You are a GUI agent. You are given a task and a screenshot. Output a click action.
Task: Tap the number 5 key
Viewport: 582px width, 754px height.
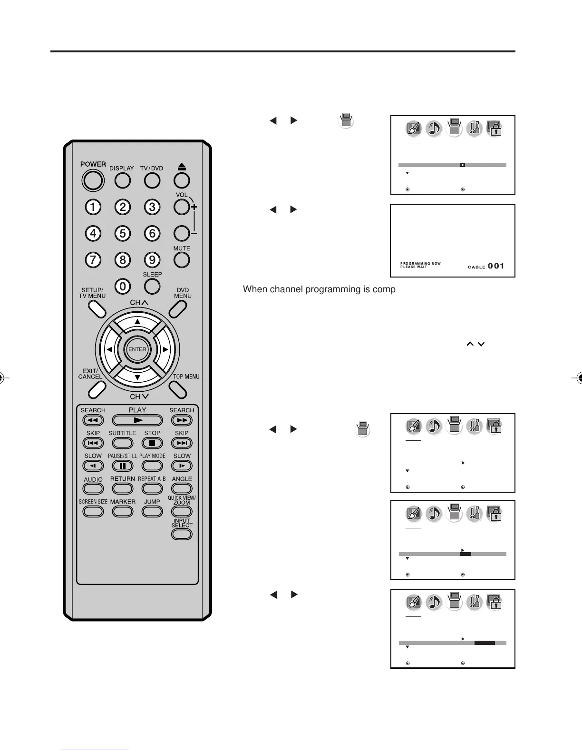pos(123,233)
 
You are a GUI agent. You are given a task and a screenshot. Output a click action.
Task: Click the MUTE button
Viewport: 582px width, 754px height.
pos(182,260)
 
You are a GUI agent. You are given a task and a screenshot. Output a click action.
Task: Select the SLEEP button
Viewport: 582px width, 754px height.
pos(152,286)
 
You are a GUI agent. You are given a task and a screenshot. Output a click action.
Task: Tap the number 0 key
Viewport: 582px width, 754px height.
pos(123,286)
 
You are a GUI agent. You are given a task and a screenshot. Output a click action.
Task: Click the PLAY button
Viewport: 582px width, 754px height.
pos(137,420)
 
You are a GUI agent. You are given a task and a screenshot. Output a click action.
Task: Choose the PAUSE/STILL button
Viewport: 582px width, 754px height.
pos(122,466)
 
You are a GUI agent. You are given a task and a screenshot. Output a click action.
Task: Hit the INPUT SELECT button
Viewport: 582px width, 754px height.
pos(182,534)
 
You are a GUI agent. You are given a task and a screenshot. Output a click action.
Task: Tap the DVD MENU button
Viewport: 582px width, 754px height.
pos(178,309)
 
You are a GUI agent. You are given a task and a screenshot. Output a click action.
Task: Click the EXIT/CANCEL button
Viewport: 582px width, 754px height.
pos(97,390)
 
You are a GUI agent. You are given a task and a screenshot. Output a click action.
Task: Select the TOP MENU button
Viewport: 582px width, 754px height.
pos(178,390)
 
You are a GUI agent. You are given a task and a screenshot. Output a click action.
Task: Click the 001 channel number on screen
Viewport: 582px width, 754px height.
pos(496,266)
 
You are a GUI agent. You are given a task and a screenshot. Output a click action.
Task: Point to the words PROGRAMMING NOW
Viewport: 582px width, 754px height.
pos(420,263)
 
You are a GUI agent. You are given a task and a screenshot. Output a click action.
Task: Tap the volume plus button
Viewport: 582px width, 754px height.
pos(182,207)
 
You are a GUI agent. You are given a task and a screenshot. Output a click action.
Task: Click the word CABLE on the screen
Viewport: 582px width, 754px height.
pos(476,267)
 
